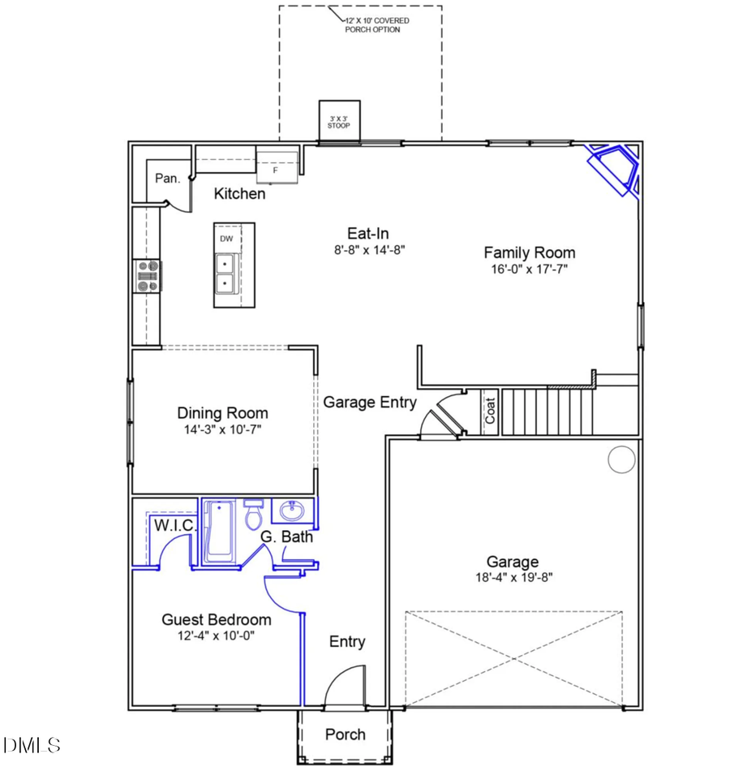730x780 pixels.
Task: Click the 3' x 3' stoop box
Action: (339, 122)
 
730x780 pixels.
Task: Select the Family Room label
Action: (530, 253)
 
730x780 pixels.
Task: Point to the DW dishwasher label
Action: (226, 239)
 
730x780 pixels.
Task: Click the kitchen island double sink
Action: (224, 274)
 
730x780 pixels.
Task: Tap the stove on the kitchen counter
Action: (148, 276)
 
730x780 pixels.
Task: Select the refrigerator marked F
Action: (275, 167)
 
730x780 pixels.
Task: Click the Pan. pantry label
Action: (167, 179)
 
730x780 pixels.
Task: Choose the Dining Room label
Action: (222, 413)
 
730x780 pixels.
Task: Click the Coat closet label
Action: (490, 412)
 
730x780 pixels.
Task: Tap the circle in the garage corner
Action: (621, 459)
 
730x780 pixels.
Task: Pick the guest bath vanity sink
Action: (291, 512)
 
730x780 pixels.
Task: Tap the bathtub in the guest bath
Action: (219, 532)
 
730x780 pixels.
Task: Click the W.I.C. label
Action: (174, 526)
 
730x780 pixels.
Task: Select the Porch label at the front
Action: (346, 735)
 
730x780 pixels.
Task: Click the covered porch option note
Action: (372, 24)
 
